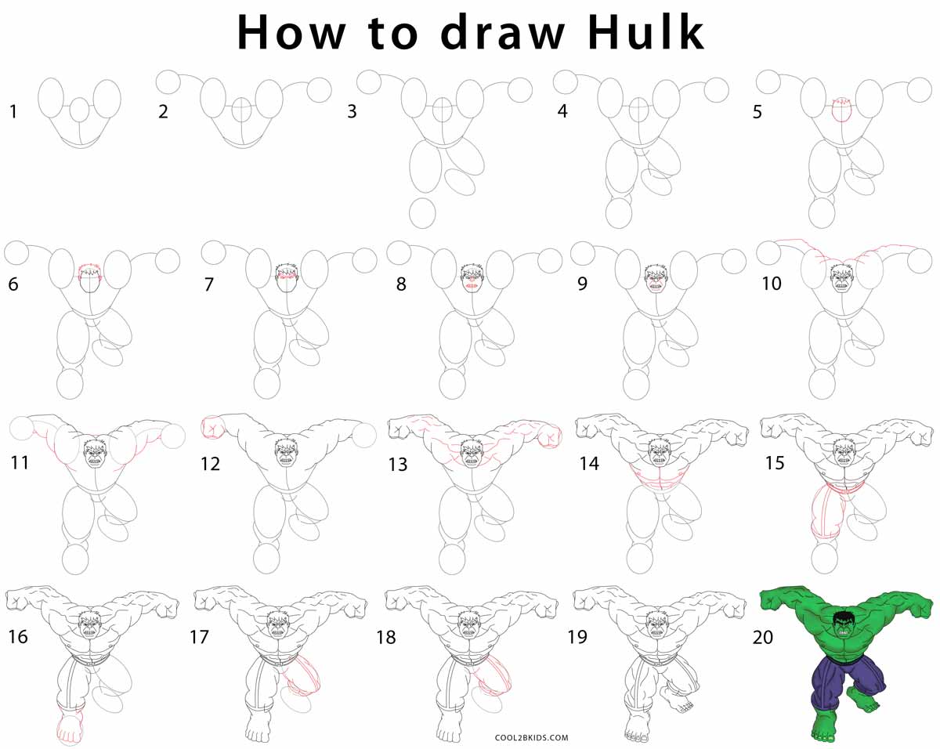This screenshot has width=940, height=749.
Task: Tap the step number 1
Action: pyautogui.click(x=13, y=112)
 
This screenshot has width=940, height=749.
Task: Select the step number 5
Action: pyautogui.click(x=757, y=112)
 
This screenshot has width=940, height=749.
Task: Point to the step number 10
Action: pyautogui.click(x=772, y=284)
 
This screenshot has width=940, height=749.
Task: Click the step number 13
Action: pyautogui.click(x=398, y=465)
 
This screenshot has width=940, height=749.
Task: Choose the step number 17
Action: pyautogui.click(x=199, y=637)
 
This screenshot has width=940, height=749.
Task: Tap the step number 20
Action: pyautogui.click(x=762, y=637)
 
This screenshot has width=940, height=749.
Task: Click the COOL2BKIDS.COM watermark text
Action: pyautogui.click(x=532, y=737)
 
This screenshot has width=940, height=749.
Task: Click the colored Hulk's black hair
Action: pyautogui.click(x=843, y=617)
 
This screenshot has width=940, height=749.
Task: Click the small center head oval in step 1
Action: pyautogui.click(x=80, y=110)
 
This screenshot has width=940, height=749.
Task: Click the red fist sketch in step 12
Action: pyautogui.click(x=212, y=427)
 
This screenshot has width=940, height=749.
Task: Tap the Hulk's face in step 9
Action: pyautogui.click(x=655, y=279)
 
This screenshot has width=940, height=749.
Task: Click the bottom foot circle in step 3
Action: pyautogui.click(x=422, y=212)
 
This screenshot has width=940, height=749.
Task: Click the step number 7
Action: pyautogui.click(x=208, y=284)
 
